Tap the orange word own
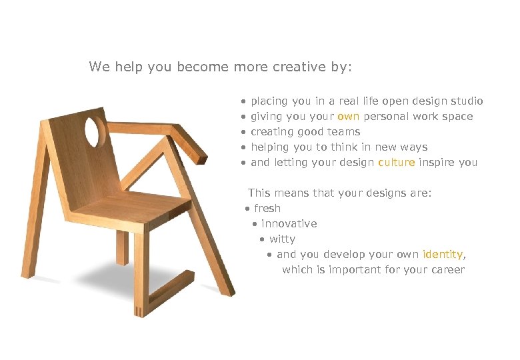pos(349,117)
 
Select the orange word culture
pos(396,163)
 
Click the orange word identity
pos(443,255)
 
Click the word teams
pos(345,132)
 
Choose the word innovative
pos(289,224)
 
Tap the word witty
pos(282,239)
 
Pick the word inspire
pos(437,163)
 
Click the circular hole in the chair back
pos(95,131)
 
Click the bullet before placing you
pos(244,102)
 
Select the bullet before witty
pos(263,240)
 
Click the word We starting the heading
pos(99,67)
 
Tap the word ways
pos(415,147)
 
